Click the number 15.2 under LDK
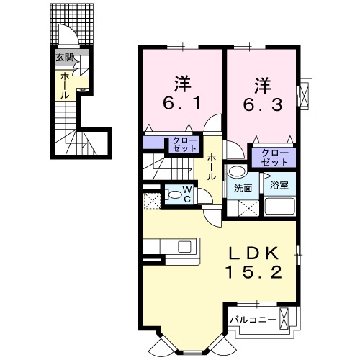click(253, 274)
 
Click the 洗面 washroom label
click(242, 188)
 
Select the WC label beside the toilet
click(186, 194)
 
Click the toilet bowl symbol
click(173, 193)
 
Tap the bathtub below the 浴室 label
click(279, 207)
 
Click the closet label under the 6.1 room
click(179, 144)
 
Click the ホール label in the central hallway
click(212, 167)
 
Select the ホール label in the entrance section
click(64, 85)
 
